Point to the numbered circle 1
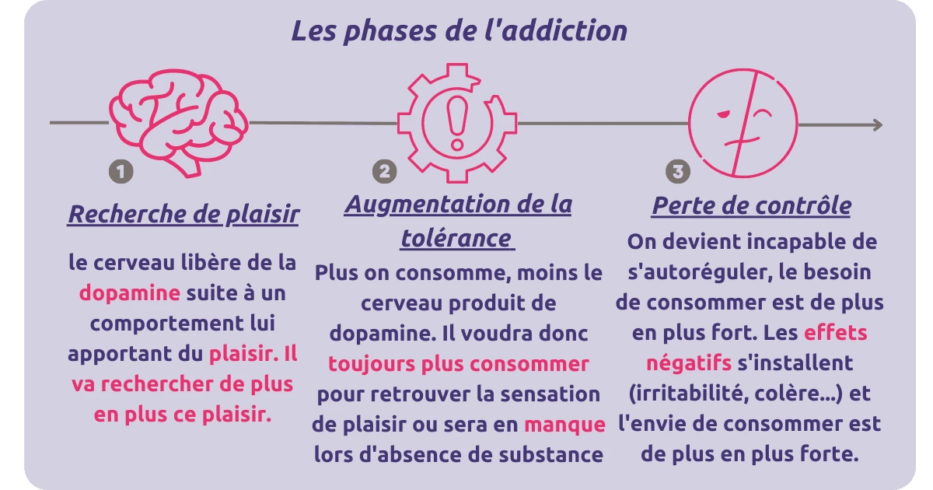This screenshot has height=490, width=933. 121,171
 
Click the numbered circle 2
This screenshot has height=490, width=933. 384,171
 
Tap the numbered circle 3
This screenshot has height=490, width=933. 678,171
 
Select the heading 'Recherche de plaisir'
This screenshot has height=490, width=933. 183,215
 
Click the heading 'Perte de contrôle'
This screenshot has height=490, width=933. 751,207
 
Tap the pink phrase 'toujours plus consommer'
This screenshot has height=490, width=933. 459,364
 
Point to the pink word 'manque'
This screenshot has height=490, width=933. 564,425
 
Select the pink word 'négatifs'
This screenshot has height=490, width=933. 689,363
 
